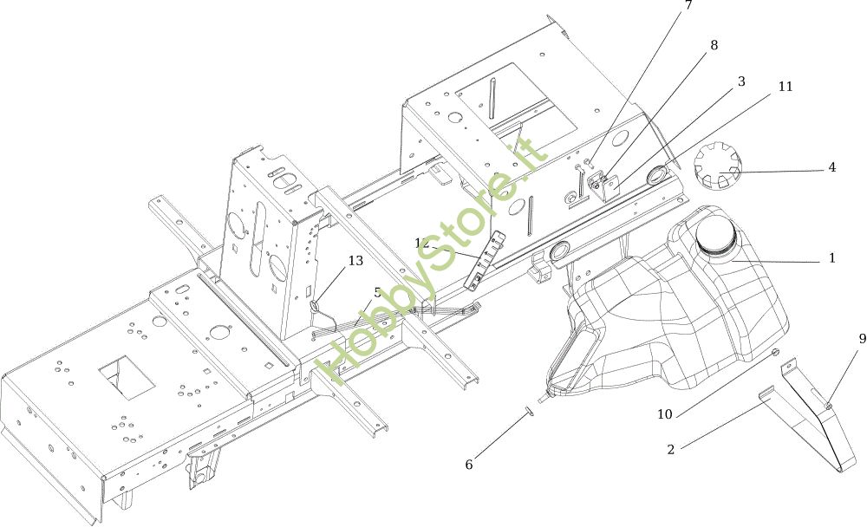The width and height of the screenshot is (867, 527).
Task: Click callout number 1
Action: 832,258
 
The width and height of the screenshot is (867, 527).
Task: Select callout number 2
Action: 670,449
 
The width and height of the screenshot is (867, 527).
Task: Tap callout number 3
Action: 741,81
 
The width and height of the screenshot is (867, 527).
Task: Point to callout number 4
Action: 832,167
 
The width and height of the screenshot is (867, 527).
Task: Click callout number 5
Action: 377,293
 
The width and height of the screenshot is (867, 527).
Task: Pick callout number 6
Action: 469,465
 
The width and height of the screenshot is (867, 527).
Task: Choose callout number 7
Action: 688,6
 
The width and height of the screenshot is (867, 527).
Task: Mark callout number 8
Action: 714,46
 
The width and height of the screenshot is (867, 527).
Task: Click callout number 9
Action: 862,339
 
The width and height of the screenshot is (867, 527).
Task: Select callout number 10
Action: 665,414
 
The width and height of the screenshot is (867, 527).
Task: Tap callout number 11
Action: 785,87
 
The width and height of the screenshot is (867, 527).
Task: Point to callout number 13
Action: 355,261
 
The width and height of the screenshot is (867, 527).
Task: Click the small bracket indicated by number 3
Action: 607,185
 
